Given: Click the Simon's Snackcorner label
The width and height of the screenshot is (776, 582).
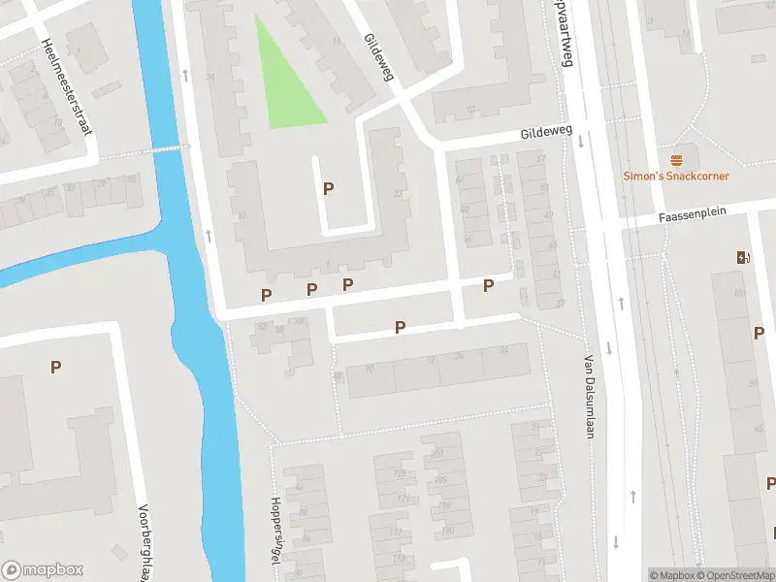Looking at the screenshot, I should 675,176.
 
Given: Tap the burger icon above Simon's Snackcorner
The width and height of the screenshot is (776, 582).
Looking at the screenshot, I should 676,159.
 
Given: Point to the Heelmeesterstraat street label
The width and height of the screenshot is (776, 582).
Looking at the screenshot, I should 66,85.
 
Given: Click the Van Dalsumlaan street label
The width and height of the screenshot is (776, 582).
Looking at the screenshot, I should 588,396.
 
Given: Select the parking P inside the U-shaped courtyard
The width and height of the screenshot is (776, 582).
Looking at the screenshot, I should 329,188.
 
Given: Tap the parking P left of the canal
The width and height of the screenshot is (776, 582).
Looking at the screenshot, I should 56,367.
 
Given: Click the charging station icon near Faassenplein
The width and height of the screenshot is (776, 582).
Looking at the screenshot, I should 744,257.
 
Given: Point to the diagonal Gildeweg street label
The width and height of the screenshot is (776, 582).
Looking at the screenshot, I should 376,58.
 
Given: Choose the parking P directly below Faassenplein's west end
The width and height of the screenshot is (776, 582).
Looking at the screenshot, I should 489,285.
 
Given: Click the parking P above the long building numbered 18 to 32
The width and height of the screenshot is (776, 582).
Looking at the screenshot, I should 400,328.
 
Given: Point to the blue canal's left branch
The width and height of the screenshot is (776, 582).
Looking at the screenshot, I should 58,262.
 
